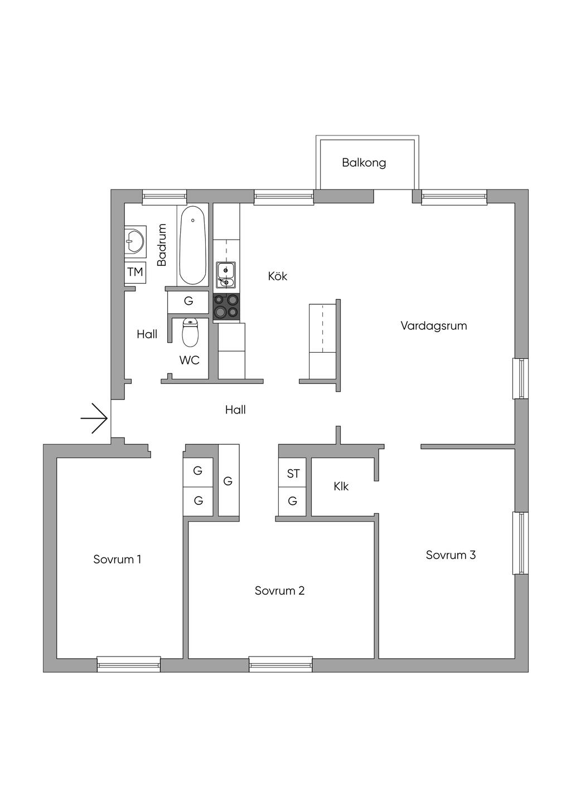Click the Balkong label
click(x=364, y=163)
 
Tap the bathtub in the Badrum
click(x=193, y=245)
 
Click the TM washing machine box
click(x=135, y=272)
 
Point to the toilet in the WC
click(x=190, y=332)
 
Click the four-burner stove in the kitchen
click(x=226, y=307)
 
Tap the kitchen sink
click(x=226, y=275)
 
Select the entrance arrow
click(x=94, y=419)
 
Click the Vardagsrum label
click(x=434, y=325)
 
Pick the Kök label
click(x=278, y=276)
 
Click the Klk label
click(x=341, y=487)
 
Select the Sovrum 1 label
click(x=117, y=559)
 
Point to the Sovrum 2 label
click(x=280, y=590)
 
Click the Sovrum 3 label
click(x=451, y=555)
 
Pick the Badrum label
click(x=162, y=245)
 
